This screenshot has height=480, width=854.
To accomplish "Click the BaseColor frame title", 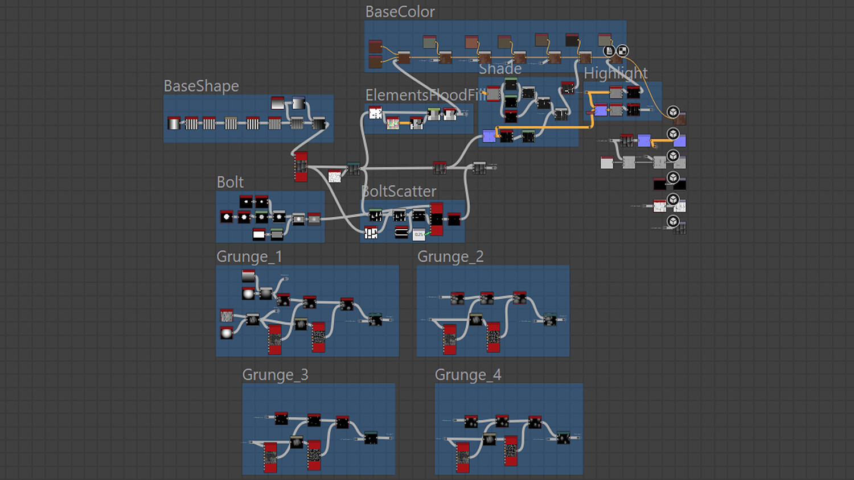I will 400,12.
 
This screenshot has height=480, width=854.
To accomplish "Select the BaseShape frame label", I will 201,86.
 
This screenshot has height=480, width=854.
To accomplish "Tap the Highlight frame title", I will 615,73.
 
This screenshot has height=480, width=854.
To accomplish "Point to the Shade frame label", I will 500,69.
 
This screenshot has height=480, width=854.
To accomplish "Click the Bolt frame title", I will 230,182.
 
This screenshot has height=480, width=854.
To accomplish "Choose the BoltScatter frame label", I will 400,192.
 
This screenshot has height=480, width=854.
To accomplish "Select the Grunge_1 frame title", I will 249,256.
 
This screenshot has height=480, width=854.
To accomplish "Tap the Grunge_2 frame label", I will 450,256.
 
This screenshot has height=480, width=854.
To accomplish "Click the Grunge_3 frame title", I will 275,375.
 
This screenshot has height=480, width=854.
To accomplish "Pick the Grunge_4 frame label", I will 468,375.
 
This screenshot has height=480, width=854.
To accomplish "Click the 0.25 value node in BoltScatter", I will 419,234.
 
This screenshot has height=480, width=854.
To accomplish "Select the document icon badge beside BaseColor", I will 609,51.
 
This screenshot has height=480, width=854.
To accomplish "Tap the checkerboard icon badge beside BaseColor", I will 623,51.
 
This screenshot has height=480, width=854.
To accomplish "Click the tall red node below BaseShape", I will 301,167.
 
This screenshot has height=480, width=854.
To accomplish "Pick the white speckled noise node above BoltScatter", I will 335,176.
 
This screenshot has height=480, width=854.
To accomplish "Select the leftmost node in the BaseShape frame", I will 174,123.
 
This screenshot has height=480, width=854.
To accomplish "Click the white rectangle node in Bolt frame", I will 259,233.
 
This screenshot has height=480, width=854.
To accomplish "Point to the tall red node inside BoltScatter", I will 437,219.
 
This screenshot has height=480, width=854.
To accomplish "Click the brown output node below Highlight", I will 679,118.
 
